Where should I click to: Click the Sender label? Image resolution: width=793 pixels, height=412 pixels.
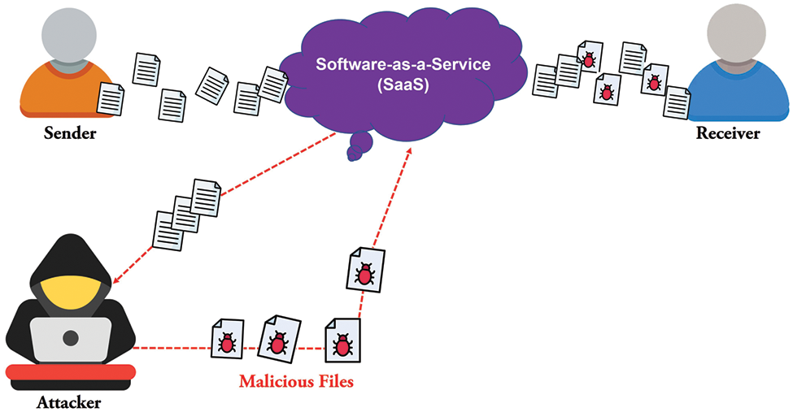(70, 133)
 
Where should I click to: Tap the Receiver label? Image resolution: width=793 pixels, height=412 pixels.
(728, 133)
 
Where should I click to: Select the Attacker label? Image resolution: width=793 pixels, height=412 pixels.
(69, 402)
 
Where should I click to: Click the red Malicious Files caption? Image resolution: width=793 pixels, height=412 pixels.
(296, 380)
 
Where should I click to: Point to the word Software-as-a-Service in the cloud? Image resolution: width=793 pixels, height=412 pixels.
(403, 64)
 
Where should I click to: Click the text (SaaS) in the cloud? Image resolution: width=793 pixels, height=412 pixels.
(403, 85)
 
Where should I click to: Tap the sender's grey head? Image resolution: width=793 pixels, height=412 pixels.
(69, 32)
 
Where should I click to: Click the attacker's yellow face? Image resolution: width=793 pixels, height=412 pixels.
(70, 297)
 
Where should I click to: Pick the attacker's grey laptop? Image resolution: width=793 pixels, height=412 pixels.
(71, 339)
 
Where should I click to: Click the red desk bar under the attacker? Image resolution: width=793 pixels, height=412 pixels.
(71, 372)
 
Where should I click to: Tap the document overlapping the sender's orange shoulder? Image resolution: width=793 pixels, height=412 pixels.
(111, 99)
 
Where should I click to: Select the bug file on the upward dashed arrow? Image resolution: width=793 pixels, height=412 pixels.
(365, 270)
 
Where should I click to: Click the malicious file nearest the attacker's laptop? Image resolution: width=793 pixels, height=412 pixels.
(227, 339)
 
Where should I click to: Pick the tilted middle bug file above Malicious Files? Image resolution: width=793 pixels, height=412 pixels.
(279, 339)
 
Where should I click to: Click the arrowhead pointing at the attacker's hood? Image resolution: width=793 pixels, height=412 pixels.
(117, 280)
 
